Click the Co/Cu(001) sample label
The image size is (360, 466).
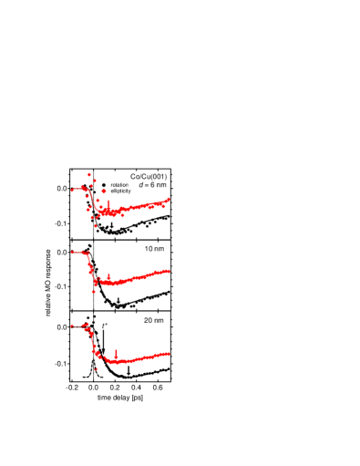click(149, 177)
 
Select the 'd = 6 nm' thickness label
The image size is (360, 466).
click(152, 185)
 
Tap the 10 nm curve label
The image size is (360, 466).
click(154, 249)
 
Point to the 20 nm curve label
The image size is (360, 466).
click(154, 320)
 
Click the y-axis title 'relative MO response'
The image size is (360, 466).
click(48, 283)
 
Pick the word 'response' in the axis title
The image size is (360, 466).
click(48, 264)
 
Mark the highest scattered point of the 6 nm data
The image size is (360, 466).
click(89, 174)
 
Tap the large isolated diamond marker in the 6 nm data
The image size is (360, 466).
click(104, 192)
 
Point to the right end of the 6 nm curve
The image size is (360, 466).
click(169, 200)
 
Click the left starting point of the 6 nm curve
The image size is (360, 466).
click(72, 190)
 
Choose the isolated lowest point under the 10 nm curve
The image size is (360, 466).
click(94, 292)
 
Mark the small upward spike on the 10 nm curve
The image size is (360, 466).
click(109, 275)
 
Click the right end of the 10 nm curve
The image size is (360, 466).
click(169, 270)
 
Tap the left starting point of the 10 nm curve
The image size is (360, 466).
click(72, 252)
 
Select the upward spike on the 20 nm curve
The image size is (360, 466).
click(116, 352)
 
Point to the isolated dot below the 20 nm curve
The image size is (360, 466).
click(96, 369)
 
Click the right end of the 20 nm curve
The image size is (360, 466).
click(169, 354)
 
